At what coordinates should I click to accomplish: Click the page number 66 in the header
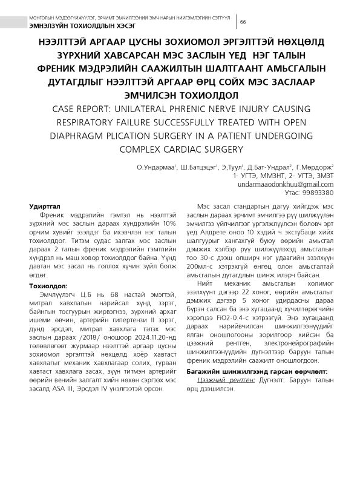pyautogui.click(x=243, y=22)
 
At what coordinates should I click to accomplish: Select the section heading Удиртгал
pyautogui.click(x=46, y=207)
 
